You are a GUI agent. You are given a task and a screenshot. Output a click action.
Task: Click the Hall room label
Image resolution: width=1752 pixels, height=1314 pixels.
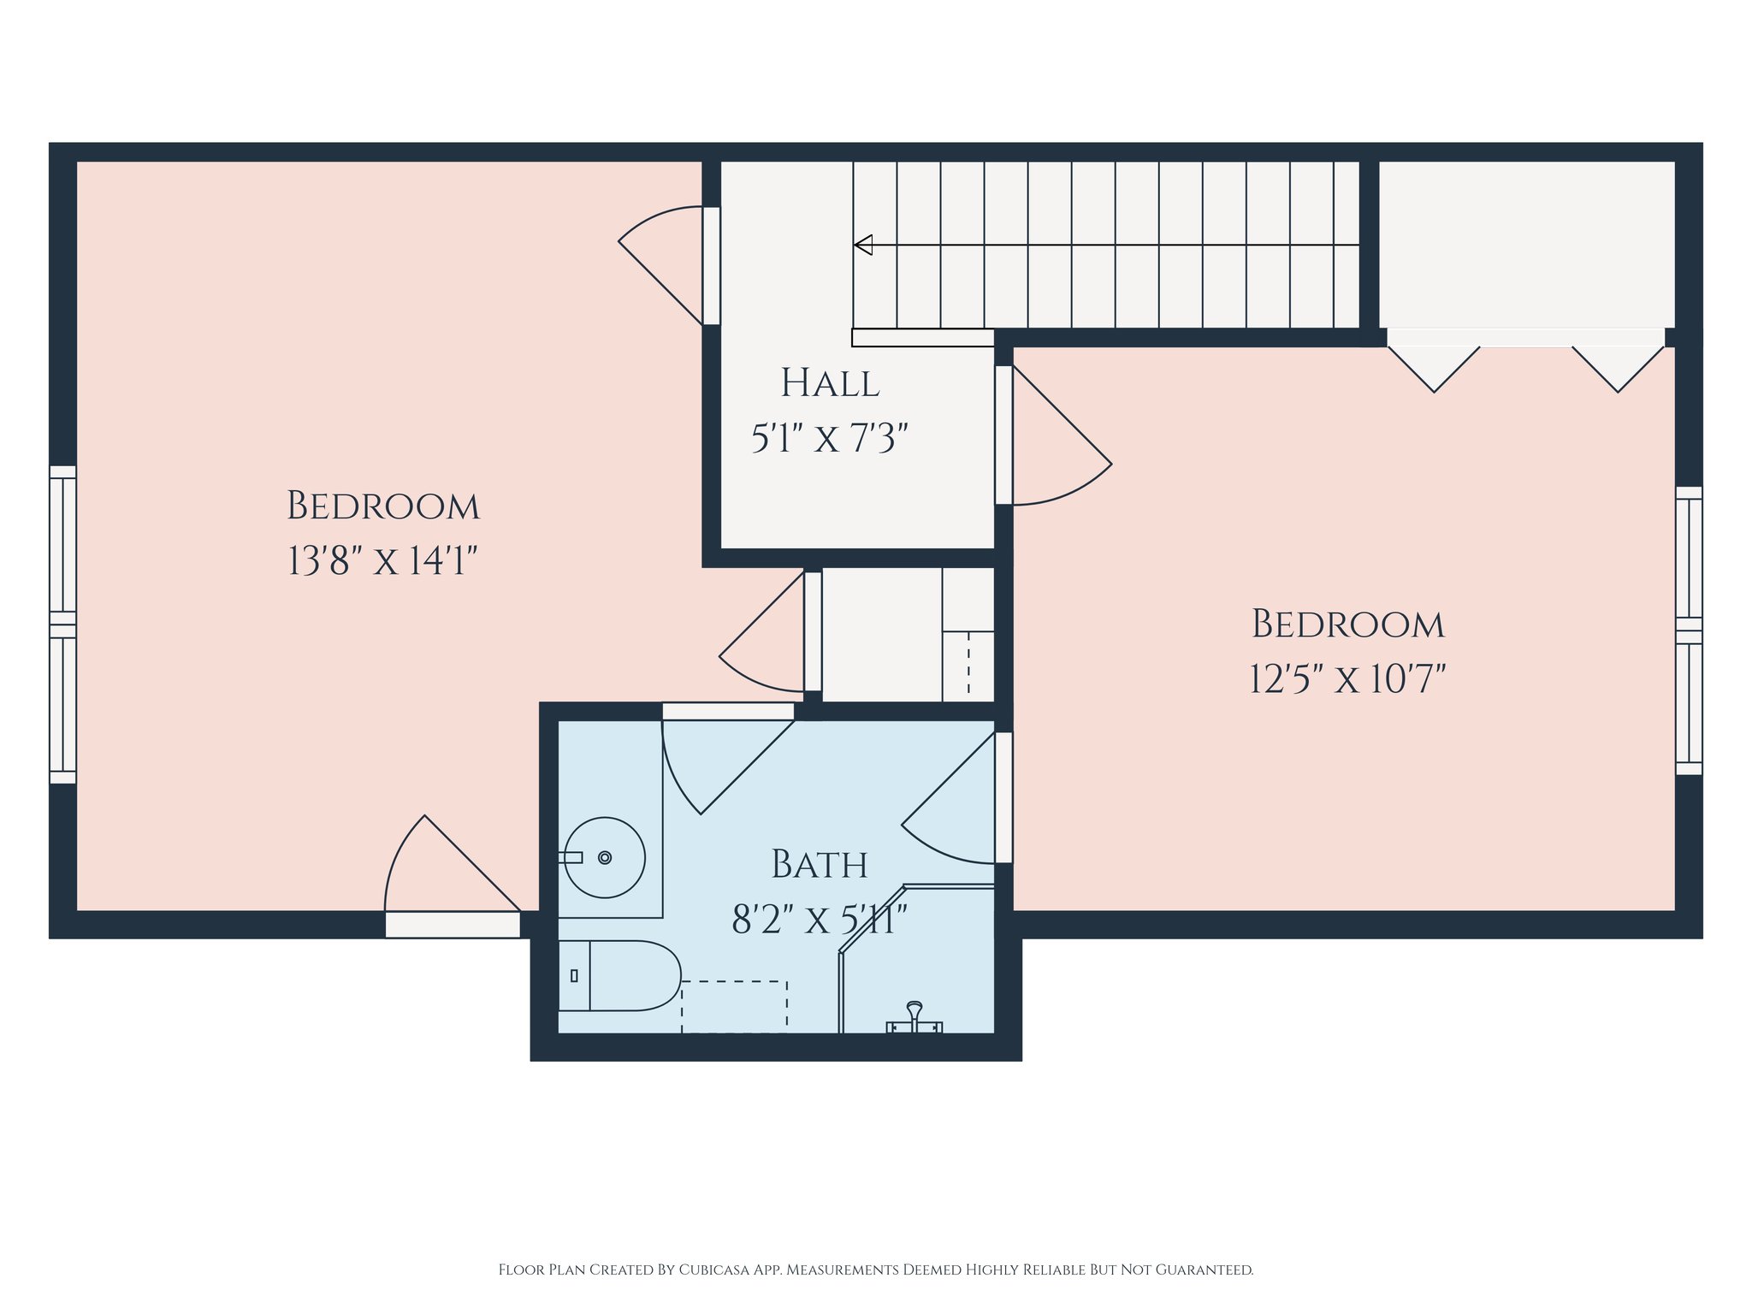pyautogui.click(x=830, y=383)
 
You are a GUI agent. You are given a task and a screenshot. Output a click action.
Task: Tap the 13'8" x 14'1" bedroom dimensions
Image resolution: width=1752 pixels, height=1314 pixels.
pyautogui.click(x=382, y=561)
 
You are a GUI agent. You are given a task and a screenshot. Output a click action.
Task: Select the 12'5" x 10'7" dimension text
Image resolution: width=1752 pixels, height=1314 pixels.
pyautogui.click(x=1347, y=679)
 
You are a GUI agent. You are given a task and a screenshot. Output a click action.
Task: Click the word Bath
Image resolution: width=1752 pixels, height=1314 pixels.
pyautogui.click(x=820, y=864)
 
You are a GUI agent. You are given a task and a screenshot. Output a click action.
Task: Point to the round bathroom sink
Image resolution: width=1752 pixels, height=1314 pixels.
pyautogui.click(x=605, y=857)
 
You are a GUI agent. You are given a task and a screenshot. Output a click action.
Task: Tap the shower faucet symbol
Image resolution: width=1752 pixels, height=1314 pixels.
pyautogui.click(x=914, y=1018)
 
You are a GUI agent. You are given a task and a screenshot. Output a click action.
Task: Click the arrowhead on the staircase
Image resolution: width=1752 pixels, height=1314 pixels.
pyautogui.click(x=863, y=245)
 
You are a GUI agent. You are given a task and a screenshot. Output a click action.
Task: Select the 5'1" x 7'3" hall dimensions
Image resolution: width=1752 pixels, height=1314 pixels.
pyautogui.click(x=829, y=439)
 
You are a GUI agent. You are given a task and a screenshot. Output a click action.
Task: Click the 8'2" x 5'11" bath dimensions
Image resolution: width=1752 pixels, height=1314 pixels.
pyautogui.click(x=819, y=920)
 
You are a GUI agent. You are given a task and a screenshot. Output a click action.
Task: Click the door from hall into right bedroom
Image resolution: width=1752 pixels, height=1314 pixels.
pyautogui.click(x=1053, y=435)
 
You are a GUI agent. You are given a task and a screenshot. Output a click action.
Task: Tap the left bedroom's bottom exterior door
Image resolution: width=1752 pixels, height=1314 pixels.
pyautogui.click(x=453, y=877)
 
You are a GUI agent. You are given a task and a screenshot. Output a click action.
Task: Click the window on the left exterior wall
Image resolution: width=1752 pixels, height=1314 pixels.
pyautogui.click(x=63, y=624)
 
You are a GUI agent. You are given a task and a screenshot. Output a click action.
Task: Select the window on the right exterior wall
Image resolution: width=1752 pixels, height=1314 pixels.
pyautogui.click(x=1689, y=630)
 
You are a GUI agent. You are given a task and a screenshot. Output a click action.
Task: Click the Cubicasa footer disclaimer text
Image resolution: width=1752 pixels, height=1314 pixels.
pyautogui.click(x=876, y=1270)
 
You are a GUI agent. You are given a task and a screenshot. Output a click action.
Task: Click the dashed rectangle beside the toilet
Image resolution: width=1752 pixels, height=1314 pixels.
pyautogui.click(x=734, y=1007)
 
